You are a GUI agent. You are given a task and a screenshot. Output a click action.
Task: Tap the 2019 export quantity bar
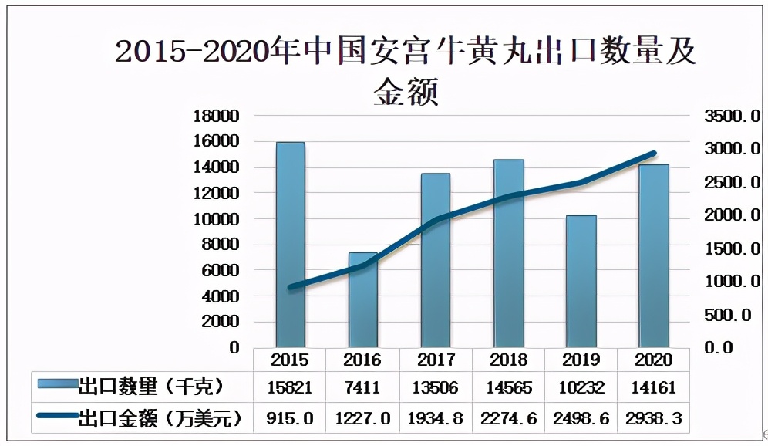point(581,281)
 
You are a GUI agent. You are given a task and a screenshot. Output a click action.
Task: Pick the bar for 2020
point(654,255)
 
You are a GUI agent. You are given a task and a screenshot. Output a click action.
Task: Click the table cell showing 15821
point(290,387)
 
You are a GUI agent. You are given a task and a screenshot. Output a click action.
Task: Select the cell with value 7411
point(363,387)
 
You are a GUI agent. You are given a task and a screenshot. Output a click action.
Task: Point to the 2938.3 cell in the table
point(654,418)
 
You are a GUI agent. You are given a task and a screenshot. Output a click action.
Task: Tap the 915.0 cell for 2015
point(290,418)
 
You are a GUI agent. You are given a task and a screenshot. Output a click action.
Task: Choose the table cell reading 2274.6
point(508,418)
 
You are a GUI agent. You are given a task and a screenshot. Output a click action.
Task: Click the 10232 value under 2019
point(581,387)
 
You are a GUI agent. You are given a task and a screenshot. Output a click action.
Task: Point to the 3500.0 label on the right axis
point(732,117)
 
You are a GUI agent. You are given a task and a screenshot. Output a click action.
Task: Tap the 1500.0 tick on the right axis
point(732,248)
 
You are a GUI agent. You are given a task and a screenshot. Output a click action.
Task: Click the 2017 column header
point(436,360)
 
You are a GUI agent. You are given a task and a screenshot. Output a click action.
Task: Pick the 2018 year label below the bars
point(508,360)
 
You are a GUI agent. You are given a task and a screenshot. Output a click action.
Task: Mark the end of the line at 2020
point(654,154)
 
